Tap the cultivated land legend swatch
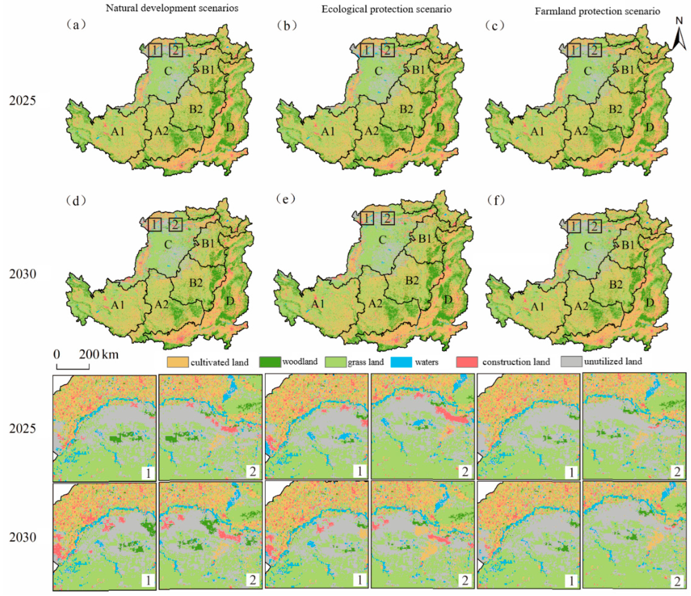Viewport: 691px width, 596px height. [x=177, y=362]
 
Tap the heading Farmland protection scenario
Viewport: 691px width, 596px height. [x=597, y=11]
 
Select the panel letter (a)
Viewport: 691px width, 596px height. [x=76, y=25]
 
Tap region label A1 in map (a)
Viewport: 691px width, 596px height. [x=118, y=132]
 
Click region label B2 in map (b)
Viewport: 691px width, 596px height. [x=406, y=109]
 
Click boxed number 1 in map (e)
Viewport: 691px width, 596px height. [x=367, y=218]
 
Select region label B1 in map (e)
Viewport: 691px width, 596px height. [x=425, y=239]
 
